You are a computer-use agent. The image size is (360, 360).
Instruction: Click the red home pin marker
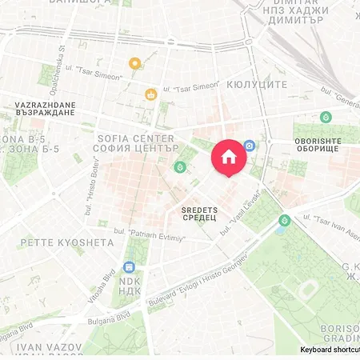228,155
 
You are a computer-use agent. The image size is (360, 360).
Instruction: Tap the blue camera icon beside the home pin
250,146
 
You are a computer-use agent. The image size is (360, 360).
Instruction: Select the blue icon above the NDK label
129,267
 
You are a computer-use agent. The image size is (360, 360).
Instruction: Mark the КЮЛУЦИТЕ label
258,84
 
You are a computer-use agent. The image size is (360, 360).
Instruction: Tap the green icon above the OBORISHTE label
326,117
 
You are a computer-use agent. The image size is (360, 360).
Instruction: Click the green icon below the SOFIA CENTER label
181,167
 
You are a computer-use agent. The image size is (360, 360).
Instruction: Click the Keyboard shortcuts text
330,350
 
